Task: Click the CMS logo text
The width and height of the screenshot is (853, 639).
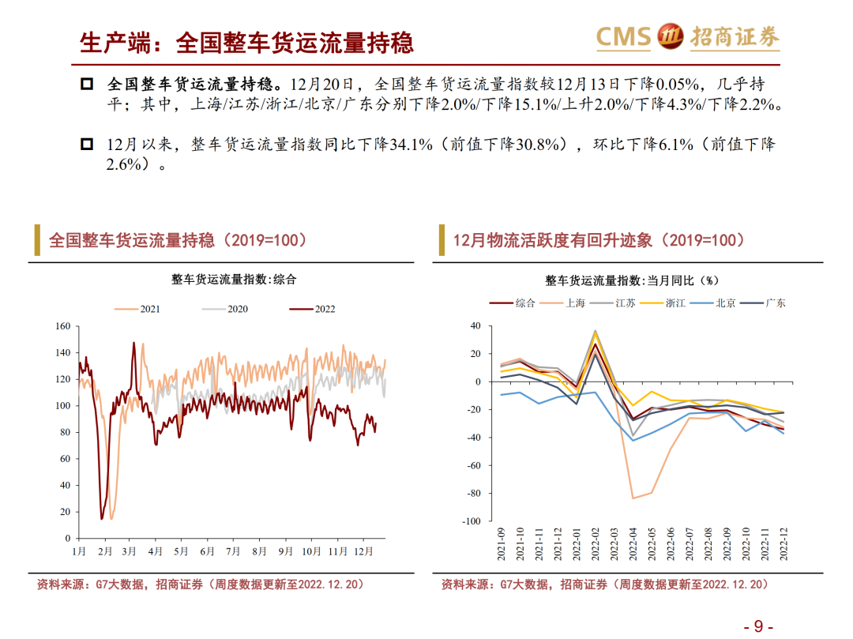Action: point(623,36)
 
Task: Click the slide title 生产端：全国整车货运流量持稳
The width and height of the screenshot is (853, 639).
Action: point(247,42)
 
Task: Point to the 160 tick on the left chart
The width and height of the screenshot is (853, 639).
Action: point(62,326)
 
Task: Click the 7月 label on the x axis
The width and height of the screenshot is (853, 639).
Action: point(233,551)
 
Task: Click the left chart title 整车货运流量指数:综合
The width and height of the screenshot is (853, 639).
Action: point(234,279)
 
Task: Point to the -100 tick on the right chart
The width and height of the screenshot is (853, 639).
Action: point(470,521)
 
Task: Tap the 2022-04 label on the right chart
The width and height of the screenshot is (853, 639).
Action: point(634,546)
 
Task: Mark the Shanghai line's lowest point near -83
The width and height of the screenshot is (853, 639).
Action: point(633,498)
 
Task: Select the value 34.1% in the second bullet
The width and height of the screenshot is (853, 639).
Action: point(411,145)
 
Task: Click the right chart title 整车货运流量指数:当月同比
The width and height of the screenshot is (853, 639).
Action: point(631,280)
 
